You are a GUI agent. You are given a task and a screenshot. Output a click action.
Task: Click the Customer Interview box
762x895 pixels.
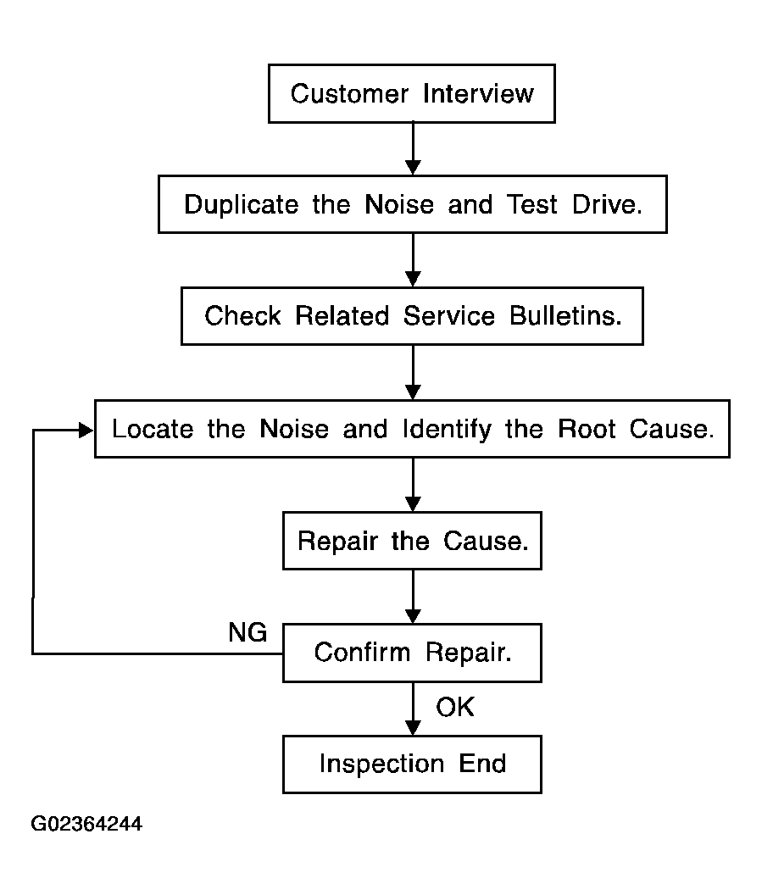(412, 93)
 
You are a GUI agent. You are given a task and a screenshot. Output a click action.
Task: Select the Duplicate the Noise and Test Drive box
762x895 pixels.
(412, 204)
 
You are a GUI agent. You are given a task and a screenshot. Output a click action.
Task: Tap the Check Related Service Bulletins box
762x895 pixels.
(412, 316)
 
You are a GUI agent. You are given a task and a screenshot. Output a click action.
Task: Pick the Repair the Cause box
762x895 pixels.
(412, 541)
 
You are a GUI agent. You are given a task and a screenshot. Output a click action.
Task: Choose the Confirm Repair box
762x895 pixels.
(412, 653)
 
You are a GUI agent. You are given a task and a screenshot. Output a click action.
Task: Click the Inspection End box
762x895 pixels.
(412, 764)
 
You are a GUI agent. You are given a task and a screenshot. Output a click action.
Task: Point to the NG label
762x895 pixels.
(248, 632)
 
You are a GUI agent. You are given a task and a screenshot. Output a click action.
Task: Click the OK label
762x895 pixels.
(455, 707)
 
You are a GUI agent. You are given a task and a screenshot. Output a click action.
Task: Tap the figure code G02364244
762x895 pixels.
(86, 824)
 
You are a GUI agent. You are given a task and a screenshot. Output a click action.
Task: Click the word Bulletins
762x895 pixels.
(565, 315)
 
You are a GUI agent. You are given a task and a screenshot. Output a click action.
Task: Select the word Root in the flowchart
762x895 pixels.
(587, 429)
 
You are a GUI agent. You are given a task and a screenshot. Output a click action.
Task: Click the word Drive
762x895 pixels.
(608, 204)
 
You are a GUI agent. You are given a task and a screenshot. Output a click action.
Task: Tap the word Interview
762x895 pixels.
(478, 93)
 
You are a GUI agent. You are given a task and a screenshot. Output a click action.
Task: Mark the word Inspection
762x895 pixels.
(381, 764)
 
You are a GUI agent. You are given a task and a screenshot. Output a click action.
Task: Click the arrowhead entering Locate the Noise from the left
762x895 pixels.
(86, 431)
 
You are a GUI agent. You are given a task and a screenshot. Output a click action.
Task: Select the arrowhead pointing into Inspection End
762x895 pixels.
(413, 728)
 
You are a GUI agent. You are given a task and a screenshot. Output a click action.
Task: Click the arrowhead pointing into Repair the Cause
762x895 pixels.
(413, 504)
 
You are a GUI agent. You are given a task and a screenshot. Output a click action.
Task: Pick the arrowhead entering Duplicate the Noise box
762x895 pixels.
(413, 167)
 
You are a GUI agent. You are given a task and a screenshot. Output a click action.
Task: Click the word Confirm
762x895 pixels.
(362, 653)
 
